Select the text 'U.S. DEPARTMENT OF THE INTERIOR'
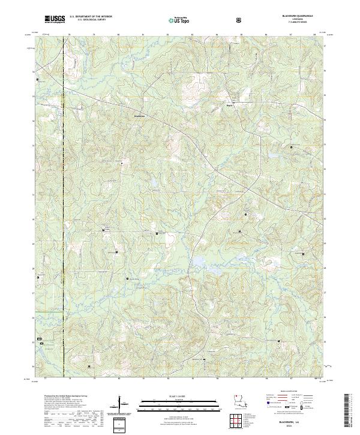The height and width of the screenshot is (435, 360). click(91, 17)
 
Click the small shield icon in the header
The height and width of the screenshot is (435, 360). click(239, 20)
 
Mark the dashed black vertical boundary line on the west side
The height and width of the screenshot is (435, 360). click(64, 210)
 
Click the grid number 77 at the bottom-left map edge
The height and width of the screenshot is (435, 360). click(46, 379)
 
